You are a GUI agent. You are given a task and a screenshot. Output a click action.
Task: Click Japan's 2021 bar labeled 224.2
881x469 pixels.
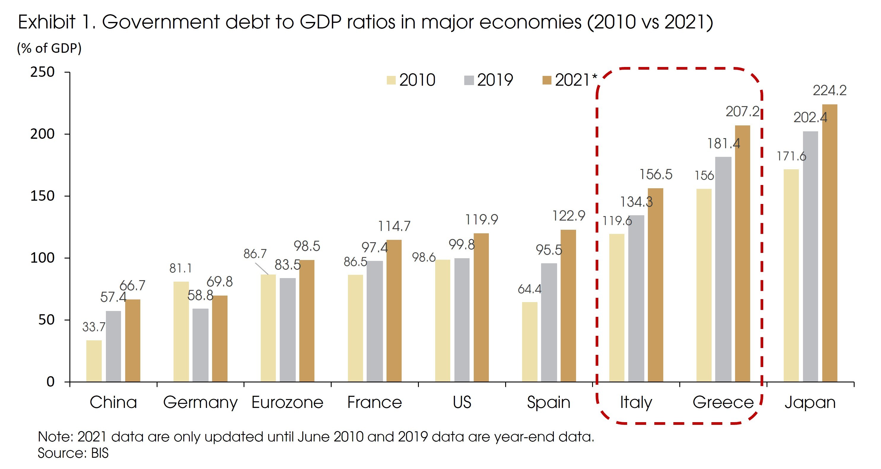click(830, 243)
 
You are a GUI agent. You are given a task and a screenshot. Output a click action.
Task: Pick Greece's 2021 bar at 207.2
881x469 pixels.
click(742, 253)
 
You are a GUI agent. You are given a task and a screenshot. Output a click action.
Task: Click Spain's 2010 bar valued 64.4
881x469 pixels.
click(529, 342)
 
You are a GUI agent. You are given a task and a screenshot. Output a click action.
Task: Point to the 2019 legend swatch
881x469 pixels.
click(469, 80)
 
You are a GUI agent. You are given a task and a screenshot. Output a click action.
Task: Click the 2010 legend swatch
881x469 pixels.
click(391, 80)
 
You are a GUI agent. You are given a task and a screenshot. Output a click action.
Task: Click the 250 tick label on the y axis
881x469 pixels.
click(42, 72)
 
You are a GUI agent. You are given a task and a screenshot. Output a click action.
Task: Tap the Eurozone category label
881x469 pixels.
click(287, 402)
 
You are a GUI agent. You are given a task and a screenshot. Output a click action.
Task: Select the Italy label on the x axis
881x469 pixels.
click(636, 402)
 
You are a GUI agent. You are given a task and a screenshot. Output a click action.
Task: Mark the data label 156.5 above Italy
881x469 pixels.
click(656, 175)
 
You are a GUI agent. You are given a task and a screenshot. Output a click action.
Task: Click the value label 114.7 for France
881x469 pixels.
click(394, 226)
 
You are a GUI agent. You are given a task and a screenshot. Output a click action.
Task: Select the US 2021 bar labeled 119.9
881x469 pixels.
click(481, 307)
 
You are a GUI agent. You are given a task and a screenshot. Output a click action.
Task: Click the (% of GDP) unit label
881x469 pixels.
click(49, 48)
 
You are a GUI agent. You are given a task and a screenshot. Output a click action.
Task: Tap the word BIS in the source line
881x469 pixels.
click(100, 453)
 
